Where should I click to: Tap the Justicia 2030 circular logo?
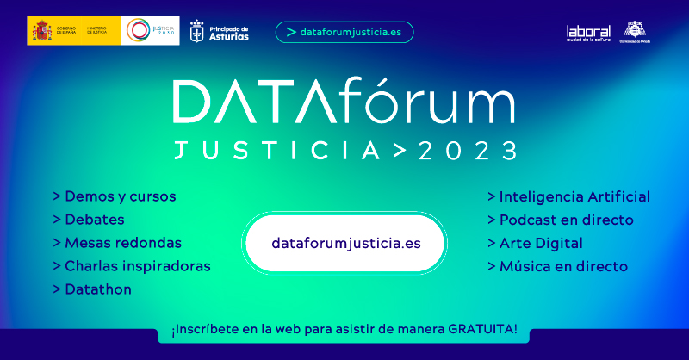click(x=138, y=30)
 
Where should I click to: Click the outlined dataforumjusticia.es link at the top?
click(x=344, y=32)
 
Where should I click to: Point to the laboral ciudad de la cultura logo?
click(x=588, y=32)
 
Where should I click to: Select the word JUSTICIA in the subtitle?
click(x=276, y=151)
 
